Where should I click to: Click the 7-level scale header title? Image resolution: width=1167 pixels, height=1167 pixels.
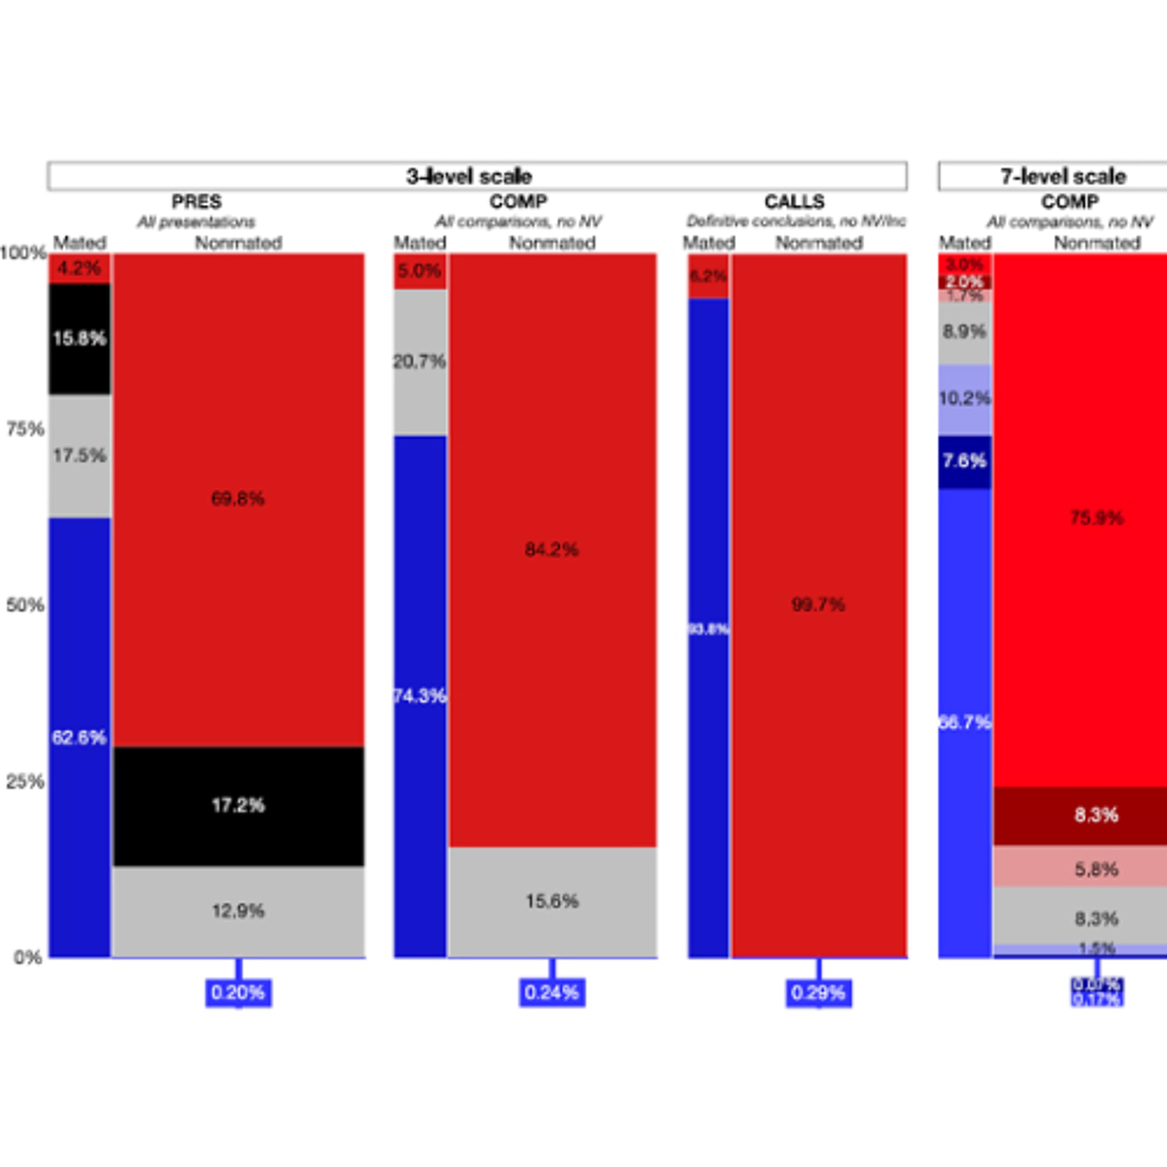[x=1063, y=176]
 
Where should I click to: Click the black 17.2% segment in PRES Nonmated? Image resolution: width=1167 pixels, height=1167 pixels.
[x=238, y=805]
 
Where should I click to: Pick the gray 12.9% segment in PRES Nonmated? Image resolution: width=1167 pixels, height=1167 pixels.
[x=238, y=911]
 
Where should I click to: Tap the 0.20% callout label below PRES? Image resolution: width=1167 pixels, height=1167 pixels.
[x=238, y=992]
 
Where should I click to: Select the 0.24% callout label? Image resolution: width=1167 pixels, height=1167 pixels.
[x=552, y=992]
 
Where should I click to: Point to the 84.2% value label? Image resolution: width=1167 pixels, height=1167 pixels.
[x=552, y=550]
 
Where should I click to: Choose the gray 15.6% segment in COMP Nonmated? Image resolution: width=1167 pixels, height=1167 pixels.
[x=552, y=901]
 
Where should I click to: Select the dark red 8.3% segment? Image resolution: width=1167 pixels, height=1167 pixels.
[x=1096, y=815]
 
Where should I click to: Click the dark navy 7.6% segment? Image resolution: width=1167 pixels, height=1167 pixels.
[x=965, y=461]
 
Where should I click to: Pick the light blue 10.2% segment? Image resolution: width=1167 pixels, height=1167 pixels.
[x=965, y=399]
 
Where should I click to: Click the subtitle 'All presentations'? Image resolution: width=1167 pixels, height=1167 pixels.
[x=196, y=222]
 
